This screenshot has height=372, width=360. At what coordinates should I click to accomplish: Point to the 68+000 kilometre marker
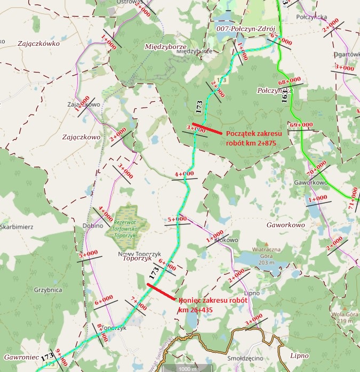[293, 80]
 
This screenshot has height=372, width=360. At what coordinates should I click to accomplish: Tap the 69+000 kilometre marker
[301, 125]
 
